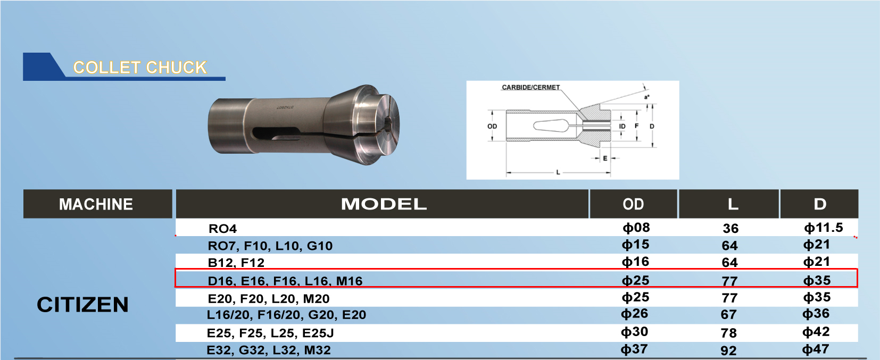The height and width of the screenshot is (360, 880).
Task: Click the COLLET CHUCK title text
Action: point(139,68)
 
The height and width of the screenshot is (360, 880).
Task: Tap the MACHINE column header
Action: point(96,204)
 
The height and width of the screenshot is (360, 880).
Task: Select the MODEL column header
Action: point(383,204)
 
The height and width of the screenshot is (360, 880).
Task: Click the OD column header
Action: point(633,204)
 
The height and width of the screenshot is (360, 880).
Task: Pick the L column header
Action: point(733,204)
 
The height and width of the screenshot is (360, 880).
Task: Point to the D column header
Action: point(820,204)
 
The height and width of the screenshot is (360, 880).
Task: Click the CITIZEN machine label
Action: point(82,305)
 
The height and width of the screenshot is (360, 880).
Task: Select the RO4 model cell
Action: point(222,229)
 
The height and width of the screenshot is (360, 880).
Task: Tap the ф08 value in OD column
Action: point(636,228)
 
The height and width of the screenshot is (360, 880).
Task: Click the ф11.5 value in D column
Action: point(823,228)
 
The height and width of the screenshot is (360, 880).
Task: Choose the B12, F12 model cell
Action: point(236,262)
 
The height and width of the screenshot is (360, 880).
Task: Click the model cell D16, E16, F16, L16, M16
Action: point(285,280)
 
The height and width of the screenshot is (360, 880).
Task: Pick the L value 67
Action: point(728,314)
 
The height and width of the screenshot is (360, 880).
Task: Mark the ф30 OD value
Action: point(634,332)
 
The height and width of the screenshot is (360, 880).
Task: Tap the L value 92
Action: point(728,350)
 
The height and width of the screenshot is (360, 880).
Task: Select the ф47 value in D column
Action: point(816,349)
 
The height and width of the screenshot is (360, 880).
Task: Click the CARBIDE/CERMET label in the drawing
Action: point(530,87)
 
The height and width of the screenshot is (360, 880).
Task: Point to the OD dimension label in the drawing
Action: point(492,127)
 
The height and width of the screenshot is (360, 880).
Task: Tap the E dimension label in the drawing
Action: point(605,158)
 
